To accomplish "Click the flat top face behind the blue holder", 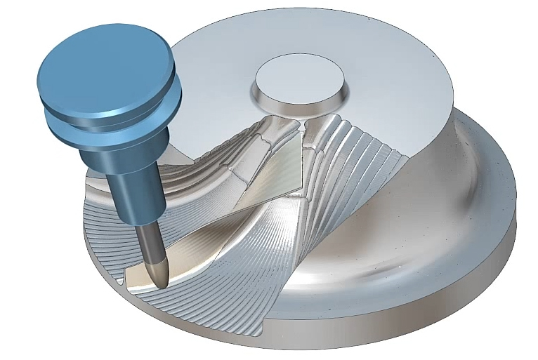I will [x=211, y=91].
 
